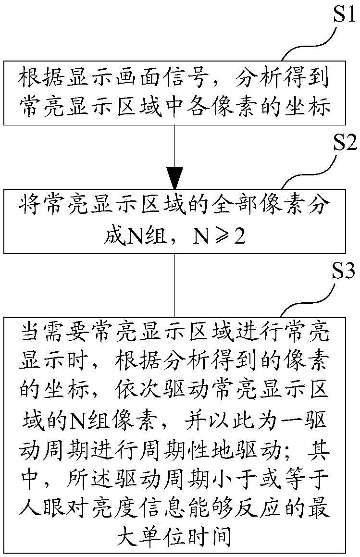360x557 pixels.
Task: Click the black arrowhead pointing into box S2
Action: [174, 177]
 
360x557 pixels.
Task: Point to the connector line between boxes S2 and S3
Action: [174, 284]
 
